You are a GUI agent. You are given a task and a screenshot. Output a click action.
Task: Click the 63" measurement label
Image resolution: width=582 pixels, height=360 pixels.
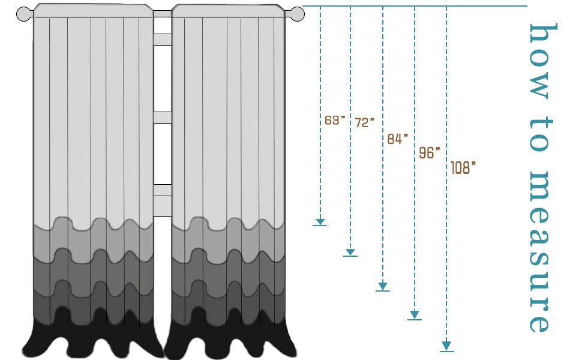coord(335,120)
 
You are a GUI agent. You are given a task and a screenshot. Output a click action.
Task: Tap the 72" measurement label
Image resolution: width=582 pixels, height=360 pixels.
coord(365,122)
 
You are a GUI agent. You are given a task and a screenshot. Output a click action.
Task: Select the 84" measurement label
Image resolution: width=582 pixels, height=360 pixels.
coord(397,139)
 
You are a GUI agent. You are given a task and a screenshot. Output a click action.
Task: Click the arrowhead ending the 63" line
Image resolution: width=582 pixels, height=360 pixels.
coord(320,221)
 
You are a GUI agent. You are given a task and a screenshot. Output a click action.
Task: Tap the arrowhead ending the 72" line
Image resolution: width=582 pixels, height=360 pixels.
coord(350,253)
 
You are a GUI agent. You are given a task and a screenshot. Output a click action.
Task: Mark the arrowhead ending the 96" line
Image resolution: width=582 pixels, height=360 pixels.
coord(415,315)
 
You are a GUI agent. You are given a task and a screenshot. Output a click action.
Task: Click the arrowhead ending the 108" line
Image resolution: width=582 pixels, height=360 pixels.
coord(446,346)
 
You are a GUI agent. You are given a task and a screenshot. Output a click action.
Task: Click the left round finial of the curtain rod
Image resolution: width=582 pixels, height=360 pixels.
coord(25,13)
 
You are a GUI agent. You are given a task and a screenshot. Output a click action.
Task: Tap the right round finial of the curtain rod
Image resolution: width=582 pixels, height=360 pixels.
coord(293,13)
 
